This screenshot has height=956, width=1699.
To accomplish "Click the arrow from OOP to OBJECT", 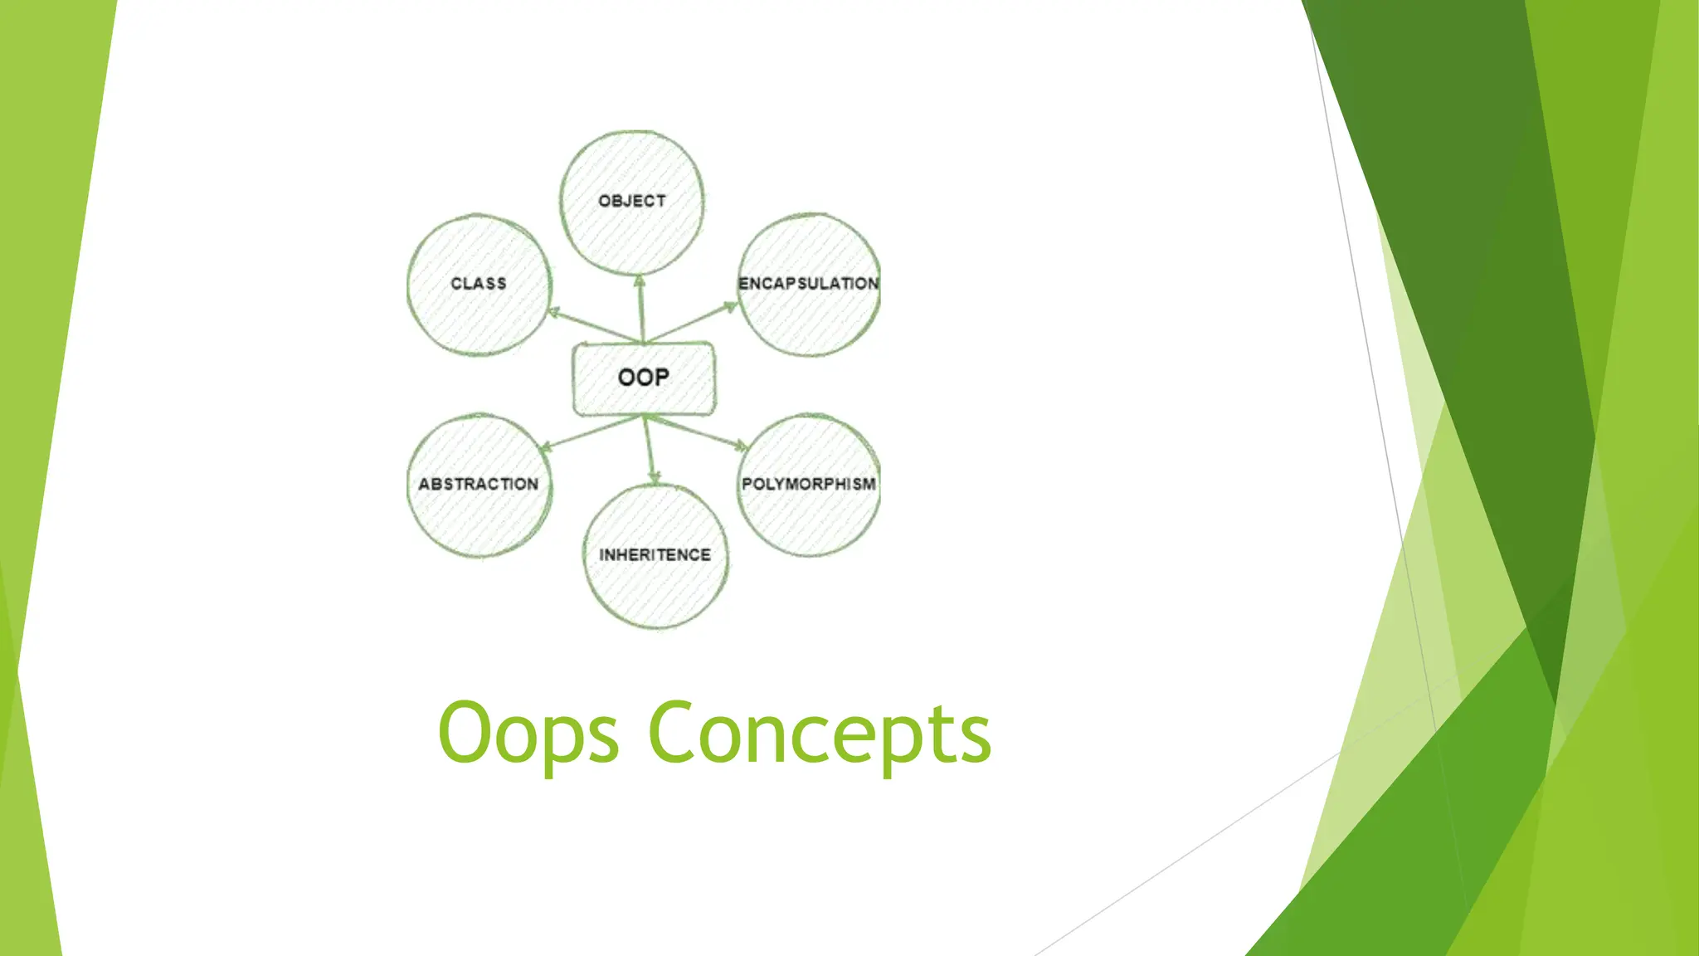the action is (640, 309).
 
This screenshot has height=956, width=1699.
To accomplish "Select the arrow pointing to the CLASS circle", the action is (591, 325).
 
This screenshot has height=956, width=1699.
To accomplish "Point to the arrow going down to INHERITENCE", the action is (650, 450).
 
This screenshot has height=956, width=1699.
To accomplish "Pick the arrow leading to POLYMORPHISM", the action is (697, 432).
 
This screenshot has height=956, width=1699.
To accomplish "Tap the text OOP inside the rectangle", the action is (643, 378).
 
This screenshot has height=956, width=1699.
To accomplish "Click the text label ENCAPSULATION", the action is (809, 284).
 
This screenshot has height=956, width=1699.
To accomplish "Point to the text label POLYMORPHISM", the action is (809, 484).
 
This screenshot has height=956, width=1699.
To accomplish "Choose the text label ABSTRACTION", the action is (479, 484).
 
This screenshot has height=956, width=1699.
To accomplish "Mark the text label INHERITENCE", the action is (655, 554).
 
